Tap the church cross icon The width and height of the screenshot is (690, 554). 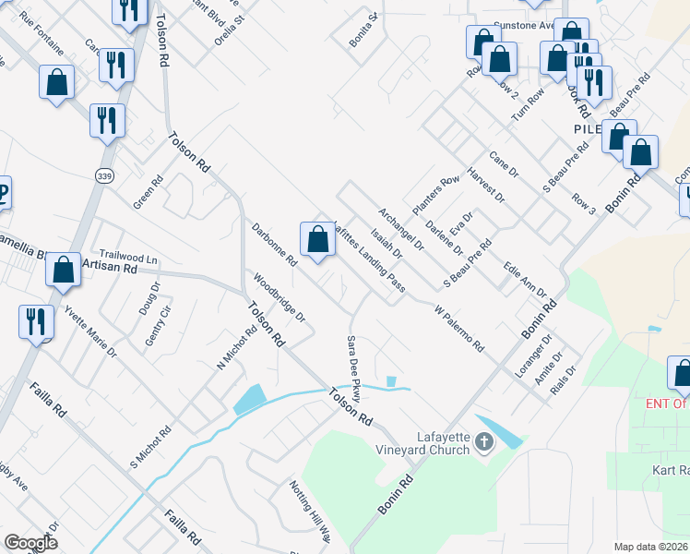[483, 444]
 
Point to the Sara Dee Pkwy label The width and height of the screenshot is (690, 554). [351, 369]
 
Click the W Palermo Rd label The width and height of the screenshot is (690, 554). [458, 329]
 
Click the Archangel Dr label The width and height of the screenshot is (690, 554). [400, 231]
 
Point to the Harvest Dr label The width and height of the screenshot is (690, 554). [486, 185]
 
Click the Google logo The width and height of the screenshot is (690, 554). [31, 542]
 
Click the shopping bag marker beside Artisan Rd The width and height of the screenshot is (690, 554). [64, 271]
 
